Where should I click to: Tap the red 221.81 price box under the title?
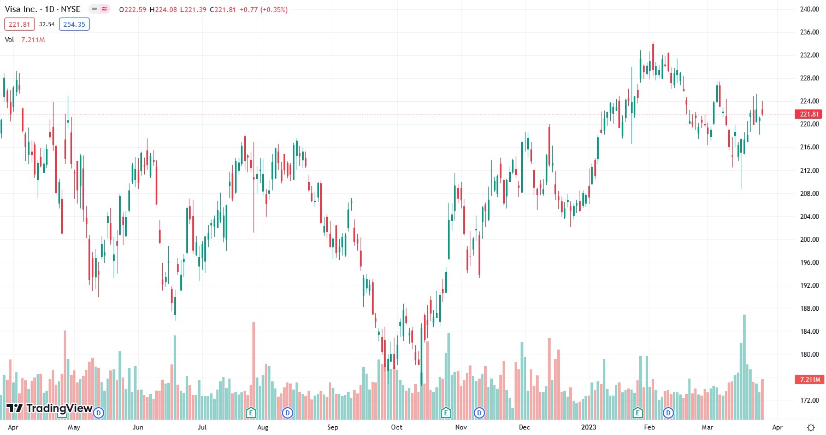pyautogui.click(x=20, y=24)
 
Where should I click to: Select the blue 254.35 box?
pyautogui.click(x=74, y=24)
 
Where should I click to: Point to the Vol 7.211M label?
pyautogui.click(x=25, y=39)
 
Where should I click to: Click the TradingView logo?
pyautogui.click(x=49, y=408)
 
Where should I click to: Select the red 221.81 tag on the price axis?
pyautogui.click(x=809, y=114)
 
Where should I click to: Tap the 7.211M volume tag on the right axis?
pyautogui.click(x=809, y=379)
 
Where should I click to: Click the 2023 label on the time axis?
pyautogui.click(x=588, y=427)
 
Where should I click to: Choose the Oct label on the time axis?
pyautogui.click(x=397, y=427)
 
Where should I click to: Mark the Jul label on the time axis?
pyautogui.click(x=202, y=427)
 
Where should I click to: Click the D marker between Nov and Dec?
pyautogui.click(x=479, y=412)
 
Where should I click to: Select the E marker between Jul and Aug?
pyautogui.click(x=251, y=412)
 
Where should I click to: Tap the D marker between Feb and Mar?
pyautogui.click(x=669, y=412)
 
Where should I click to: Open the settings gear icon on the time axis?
pyautogui.click(x=811, y=427)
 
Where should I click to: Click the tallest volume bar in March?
pyautogui.click(x=744, y=367)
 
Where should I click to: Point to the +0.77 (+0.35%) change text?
pyautogui.click(x=265, y=9)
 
